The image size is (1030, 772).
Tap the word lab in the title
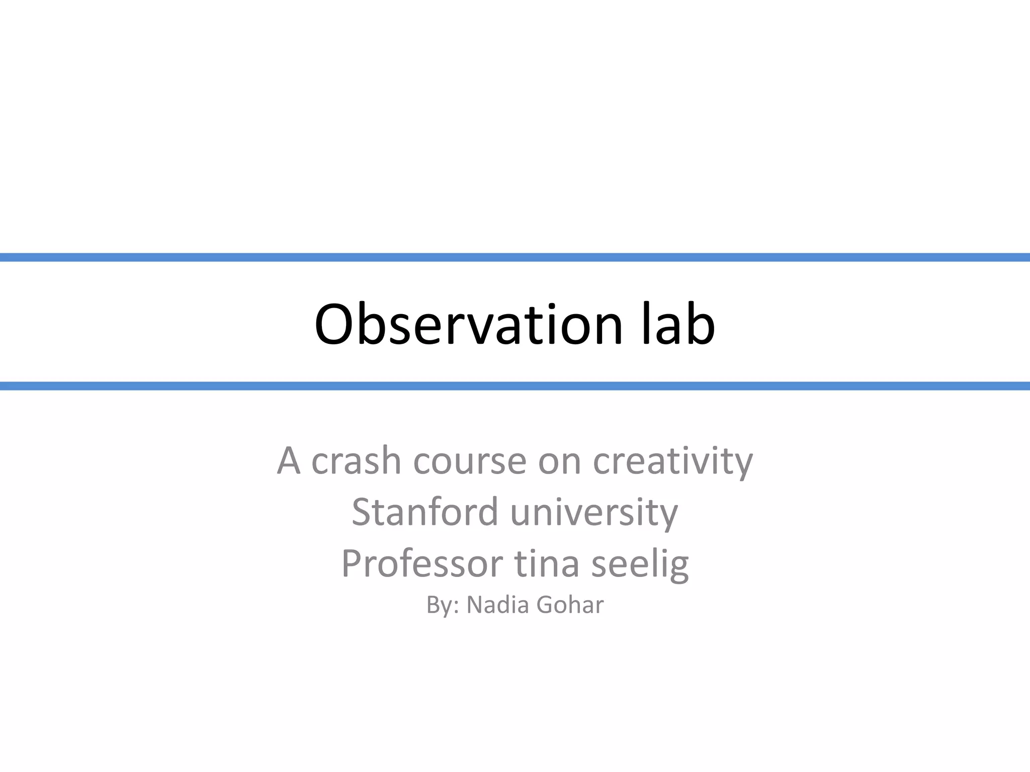click(x=678, y=325)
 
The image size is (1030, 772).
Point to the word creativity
click(x=673, y=461)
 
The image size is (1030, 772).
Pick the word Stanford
click(x=424, y=512)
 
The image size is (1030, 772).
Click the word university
click(x=594, y=512)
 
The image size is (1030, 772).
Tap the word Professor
click(x=422, y=564)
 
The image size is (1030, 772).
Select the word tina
click(x=547, y=564)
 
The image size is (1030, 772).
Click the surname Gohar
click(x=570, y=605)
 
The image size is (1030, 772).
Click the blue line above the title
click(x=515, y=257)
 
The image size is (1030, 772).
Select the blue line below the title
click(x=515, y=386)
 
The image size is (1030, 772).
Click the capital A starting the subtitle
click(x=289, y=461)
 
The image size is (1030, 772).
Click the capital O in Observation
click(x=335, y=325)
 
